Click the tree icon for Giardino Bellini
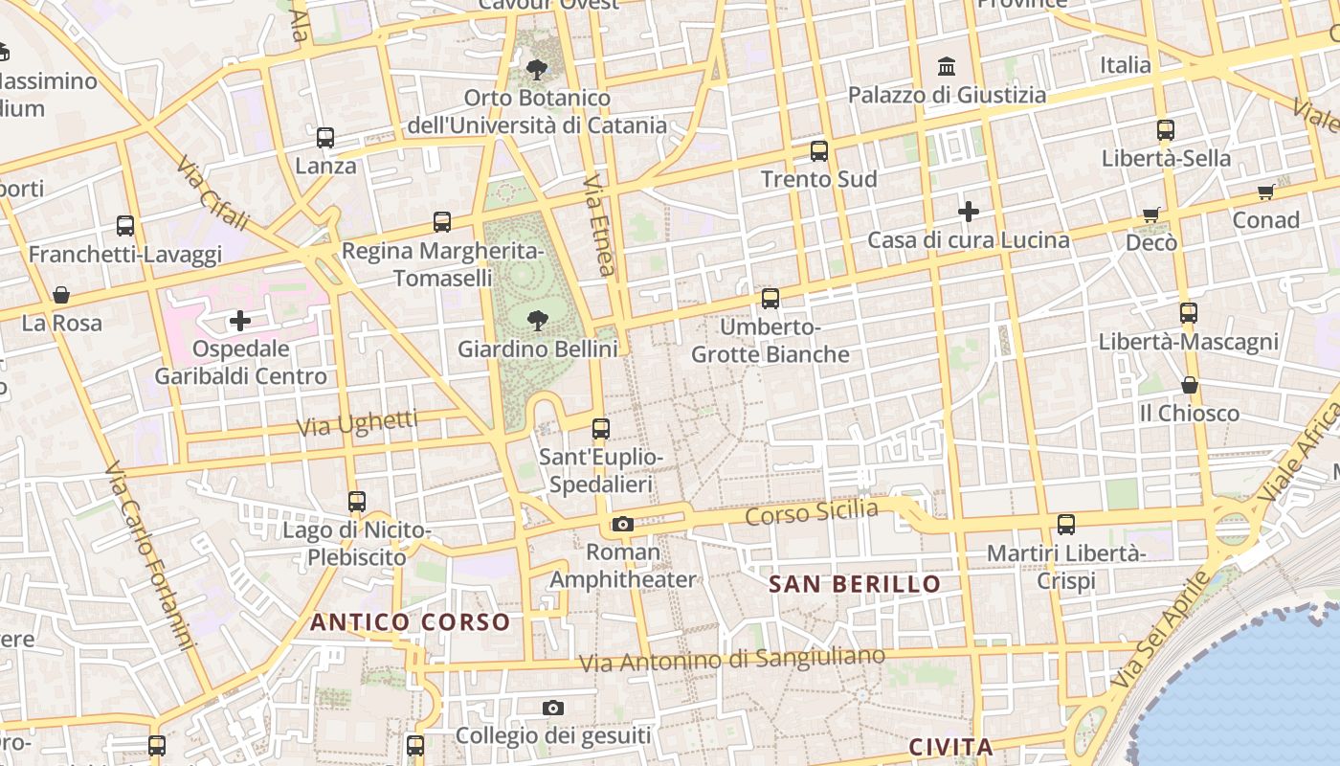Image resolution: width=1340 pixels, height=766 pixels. pos(537,321)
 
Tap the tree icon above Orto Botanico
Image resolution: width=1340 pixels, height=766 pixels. pos(536,69)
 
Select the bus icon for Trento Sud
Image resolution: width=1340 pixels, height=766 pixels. pos(818,150)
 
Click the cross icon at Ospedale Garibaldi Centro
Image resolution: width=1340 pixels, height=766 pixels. pos(240,320)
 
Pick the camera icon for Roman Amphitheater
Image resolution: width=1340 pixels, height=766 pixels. pos(622,524)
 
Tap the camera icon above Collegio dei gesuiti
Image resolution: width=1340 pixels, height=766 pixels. pos(552,709)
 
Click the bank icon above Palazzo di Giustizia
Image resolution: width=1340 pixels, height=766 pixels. pos(947,66)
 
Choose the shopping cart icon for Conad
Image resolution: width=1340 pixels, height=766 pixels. pos(1265,192)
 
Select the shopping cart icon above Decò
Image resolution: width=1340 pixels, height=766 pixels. pos(1150,214)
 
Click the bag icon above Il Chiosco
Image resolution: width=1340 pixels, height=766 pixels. pos(1189,385)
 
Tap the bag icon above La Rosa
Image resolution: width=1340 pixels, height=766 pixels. pos(61,294)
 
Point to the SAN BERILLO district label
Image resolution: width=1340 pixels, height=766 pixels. pos(855,584)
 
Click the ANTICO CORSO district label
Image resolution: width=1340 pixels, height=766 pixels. pos(410,622)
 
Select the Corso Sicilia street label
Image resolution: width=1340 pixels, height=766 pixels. pos(812,512)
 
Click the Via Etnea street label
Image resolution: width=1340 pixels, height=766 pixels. pos(598,225)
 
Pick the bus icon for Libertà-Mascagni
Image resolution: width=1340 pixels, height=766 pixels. pos(1188,312)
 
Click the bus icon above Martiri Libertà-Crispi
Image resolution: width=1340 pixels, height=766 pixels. pos(1065,524)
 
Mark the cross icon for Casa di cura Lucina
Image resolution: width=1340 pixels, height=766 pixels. pos(968,211)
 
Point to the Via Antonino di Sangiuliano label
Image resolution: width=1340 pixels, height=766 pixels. pos(732,660)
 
